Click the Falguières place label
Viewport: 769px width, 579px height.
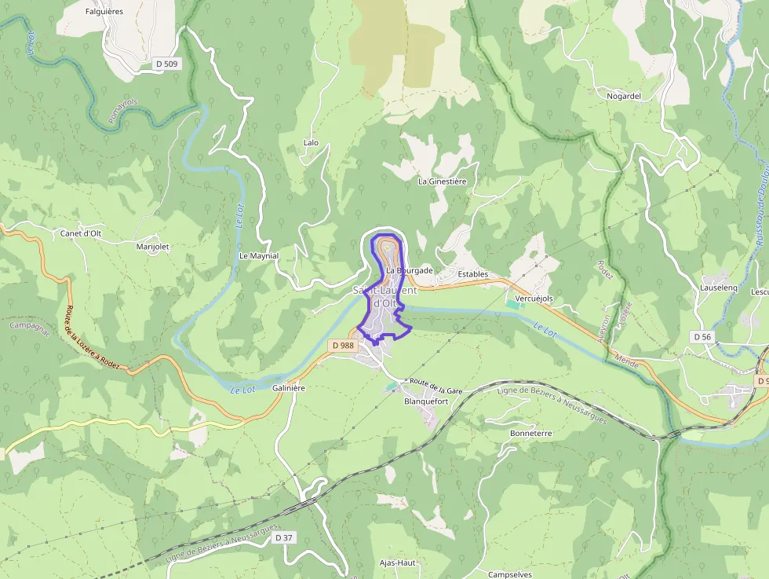click(105, 12)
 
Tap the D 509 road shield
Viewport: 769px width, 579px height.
click(166, 64)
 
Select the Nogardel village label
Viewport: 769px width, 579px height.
click(624, 96)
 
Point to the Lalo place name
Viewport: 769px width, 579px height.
click(311, 143)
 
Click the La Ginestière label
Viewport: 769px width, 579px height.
click(442, 181)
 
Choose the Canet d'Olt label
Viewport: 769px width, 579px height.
click(81, 233)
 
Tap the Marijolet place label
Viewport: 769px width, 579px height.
click(152, 247)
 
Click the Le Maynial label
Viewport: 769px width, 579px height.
click(258, 256)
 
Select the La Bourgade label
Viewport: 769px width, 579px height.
click(409, 270)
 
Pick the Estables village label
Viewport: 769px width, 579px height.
click(472, 274)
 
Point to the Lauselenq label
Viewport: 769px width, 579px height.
click(718, 288)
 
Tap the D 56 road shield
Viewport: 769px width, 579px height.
click(702, 336)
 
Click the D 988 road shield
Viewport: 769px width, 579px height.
click(343, 345)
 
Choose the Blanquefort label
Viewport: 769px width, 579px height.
click(425, 401)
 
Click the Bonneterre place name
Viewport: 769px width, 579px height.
click(531, 433)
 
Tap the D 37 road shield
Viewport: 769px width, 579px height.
click(284, 537)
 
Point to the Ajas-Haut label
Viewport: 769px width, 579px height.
click(397, 563)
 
